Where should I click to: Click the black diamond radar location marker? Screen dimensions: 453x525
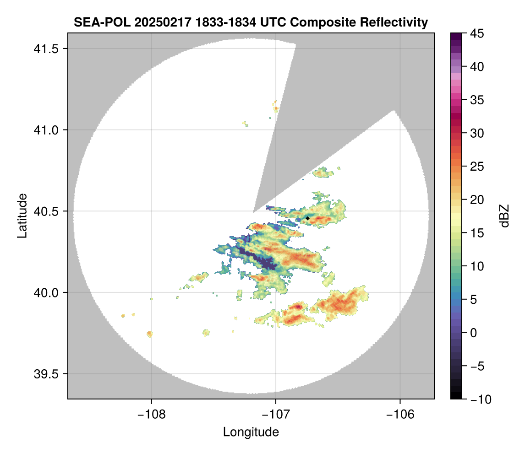(307, 218)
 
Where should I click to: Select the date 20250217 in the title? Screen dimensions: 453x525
(155, 22)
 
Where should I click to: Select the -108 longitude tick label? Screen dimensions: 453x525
(151, 415)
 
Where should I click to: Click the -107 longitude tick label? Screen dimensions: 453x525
(276, 415)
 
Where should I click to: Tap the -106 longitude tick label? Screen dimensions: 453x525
(400, 415)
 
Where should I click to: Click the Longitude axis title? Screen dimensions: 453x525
(251, 432)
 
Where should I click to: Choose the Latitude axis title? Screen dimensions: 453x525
(22, 215)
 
